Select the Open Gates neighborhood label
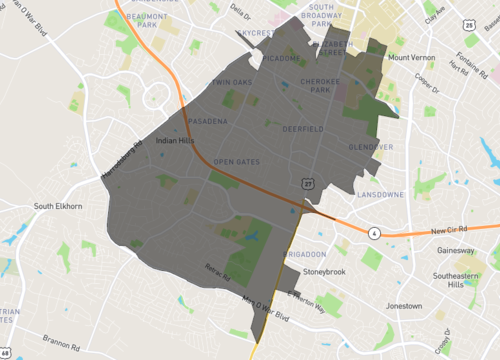click(236, 161)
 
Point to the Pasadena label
click(207, 121)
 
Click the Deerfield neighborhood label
click(302, 129)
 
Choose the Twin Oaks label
click(229, 81)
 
